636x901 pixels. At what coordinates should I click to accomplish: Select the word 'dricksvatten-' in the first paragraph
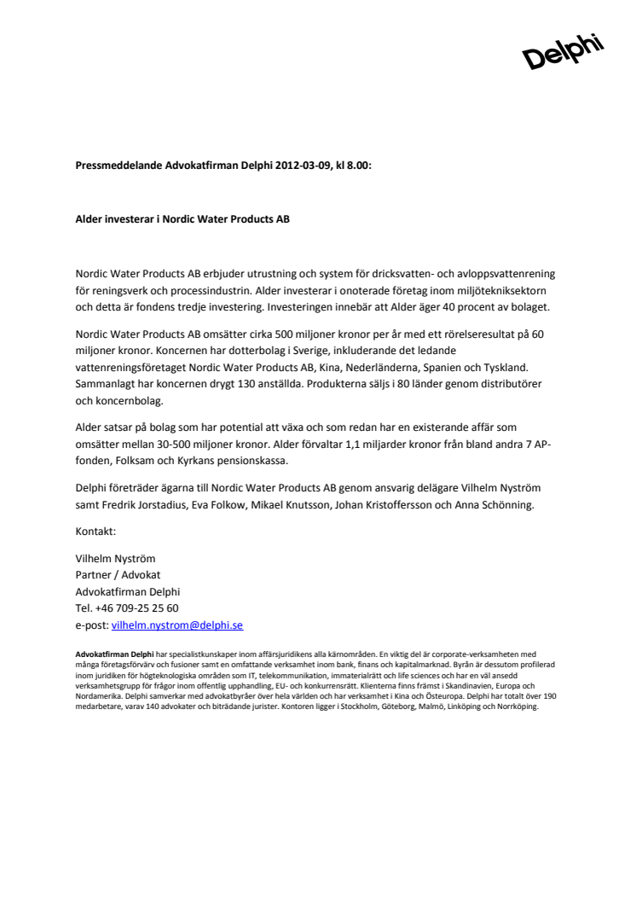402,273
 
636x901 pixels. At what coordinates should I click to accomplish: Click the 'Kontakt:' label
95,530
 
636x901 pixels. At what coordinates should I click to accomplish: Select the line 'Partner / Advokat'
119,574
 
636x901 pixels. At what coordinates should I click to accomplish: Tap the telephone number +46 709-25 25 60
136,607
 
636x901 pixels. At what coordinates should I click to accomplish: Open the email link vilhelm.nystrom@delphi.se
177,625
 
